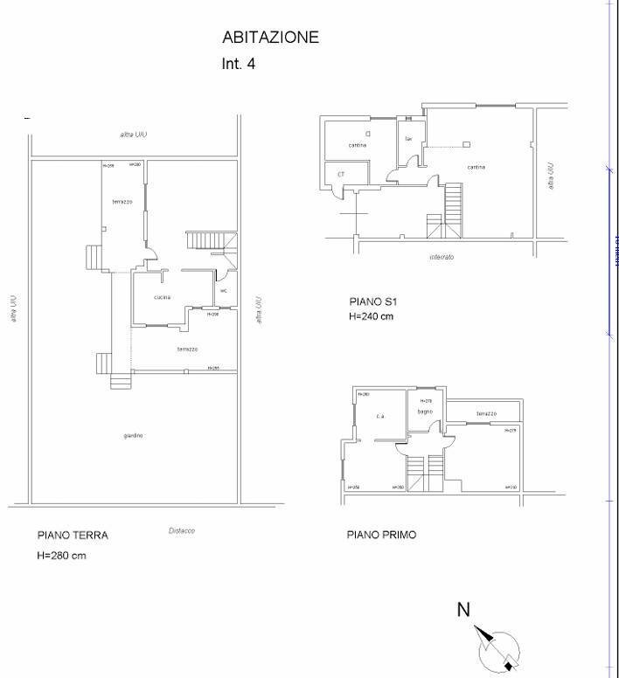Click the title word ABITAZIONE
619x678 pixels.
(271, 38)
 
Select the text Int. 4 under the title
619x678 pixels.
(239, 64)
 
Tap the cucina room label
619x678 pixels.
(162, 297)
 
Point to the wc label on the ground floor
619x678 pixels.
(224, 291)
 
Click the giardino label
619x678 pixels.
(133, 435)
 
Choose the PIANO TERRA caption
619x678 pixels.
(73, 536)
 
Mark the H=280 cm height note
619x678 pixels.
(61, 556)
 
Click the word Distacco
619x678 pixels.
(181, 531)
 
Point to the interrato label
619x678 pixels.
(442, 257)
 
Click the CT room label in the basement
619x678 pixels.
(340, 175)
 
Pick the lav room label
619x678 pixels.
(408, 139)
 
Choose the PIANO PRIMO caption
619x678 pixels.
(381, 535)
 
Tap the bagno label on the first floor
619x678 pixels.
(425, 411)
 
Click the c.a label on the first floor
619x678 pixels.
(380, 416)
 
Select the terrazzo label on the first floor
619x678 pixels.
(487, 413)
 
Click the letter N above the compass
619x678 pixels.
(464, 610)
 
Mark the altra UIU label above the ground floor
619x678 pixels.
(133, 135)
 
